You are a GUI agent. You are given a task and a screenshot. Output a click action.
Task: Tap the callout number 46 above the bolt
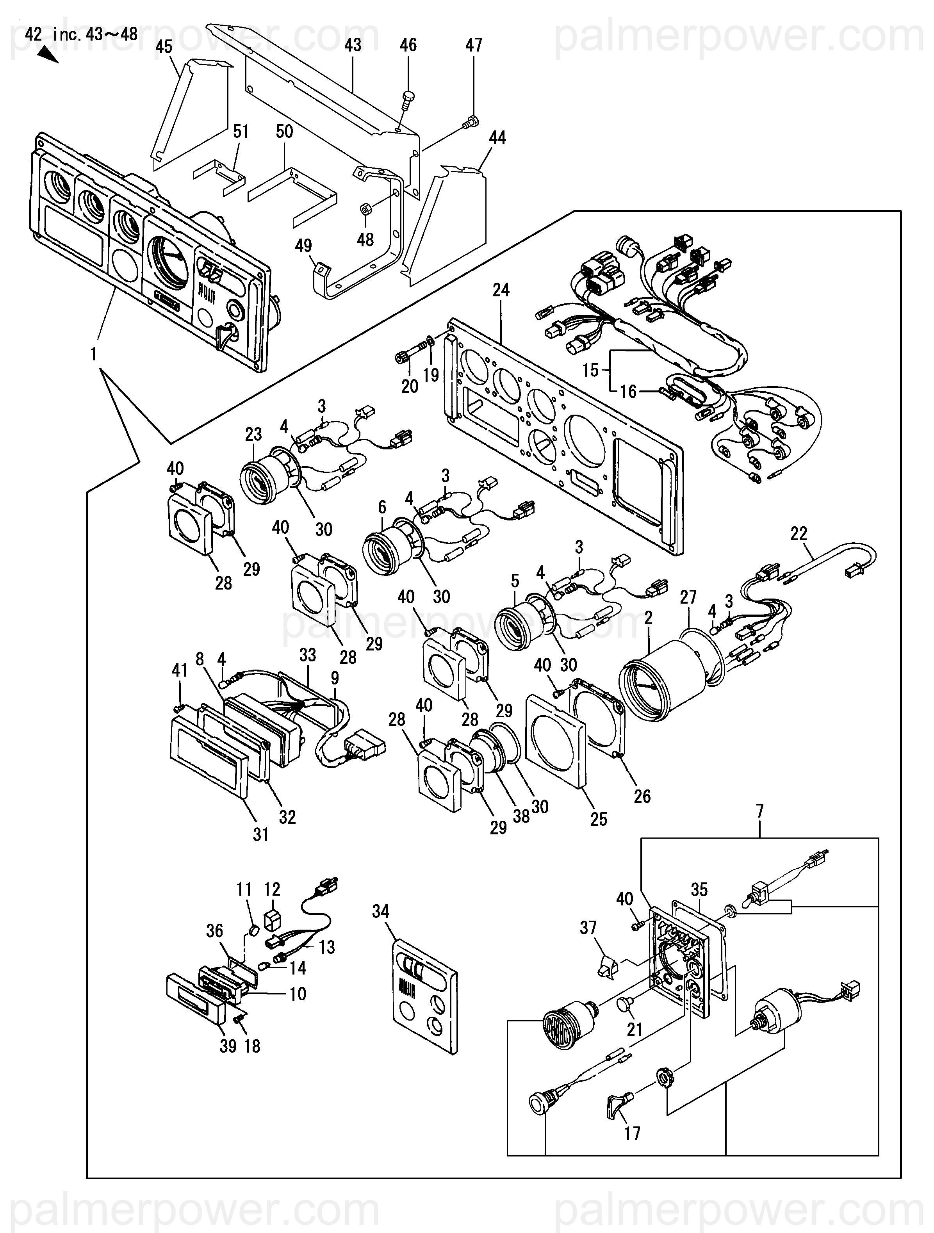pos(408,45)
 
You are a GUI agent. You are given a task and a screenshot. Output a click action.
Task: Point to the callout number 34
pos(380,912)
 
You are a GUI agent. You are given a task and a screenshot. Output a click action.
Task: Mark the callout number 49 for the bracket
pos(303,246)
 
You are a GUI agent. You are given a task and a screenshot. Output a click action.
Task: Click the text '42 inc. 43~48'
pos(81,35)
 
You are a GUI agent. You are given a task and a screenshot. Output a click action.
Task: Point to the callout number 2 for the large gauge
pos(648,618)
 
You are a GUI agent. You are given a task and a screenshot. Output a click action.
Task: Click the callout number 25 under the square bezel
pos(598,820)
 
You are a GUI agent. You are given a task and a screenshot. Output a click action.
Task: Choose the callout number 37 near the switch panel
pos(588,928)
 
